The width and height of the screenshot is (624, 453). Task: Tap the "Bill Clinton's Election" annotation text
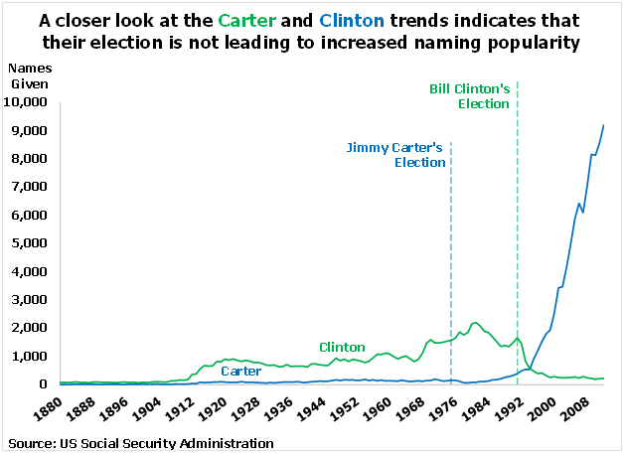[469, 96]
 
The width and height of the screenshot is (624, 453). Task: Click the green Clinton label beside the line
[342, 347]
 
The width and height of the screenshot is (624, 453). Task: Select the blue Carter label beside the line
[240, 371]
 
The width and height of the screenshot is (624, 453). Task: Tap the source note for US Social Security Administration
[140, 442]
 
